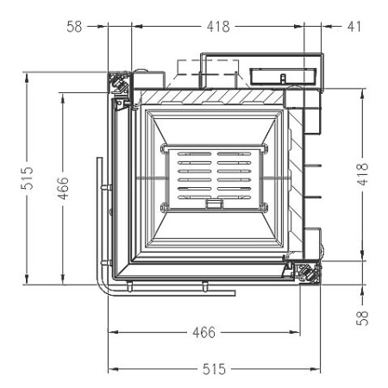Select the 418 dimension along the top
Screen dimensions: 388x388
[218, 26]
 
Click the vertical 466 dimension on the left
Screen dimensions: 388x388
[63, 186]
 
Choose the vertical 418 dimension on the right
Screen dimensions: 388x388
[363, 174]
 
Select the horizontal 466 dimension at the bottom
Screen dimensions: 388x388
[203, 332]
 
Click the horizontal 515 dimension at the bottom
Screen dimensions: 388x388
[214, 369]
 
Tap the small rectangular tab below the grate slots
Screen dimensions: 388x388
[212, 205]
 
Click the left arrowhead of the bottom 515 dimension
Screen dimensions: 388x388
[110, 369]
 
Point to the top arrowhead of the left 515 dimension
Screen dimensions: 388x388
[28, 76]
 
